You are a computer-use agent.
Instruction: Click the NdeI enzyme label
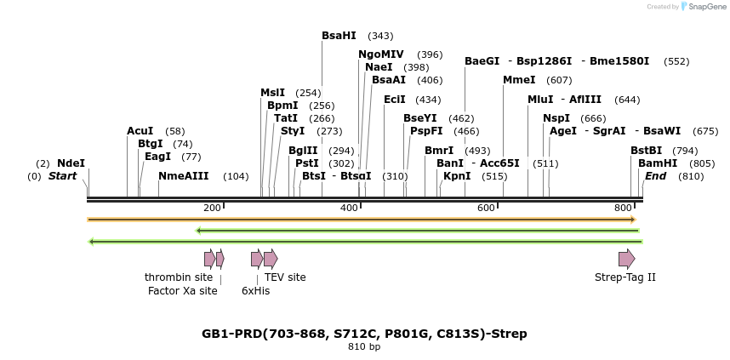tap(71, 163)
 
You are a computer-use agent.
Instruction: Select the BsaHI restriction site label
tap(339, 36)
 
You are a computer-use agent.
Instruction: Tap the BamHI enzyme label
tap(658, 163)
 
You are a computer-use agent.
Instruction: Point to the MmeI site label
tap(519, 80)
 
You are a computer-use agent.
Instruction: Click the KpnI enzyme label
tap(457, 176)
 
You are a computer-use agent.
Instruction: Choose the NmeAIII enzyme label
tap(183, 176)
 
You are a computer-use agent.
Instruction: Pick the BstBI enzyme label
tap(646, 151)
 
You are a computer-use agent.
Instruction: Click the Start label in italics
tap(62, 176)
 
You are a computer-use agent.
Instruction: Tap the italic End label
tap(655, 176)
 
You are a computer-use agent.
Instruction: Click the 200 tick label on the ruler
tap(212, 208)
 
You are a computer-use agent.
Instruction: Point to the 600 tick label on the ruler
tap(486, 208)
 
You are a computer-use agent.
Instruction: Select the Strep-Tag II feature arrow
tap(626, 259)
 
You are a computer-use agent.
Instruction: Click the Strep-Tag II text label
tap(625, 277)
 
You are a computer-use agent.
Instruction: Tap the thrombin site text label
tap(179, 277)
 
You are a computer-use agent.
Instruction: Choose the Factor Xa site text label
tap(182, 291)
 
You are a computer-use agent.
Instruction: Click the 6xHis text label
tap(255, 291)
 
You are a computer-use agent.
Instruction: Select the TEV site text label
tap(285, 277)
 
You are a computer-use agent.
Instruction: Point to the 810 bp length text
tap(364, 347)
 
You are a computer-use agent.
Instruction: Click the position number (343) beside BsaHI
tap(380, 36)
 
